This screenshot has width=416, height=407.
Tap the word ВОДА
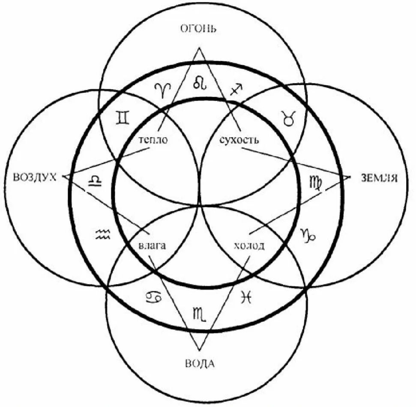[x=199, y=365]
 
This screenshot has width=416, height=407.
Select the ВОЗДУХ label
[x=35, y=177]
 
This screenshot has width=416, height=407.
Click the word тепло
[x=153, y=140]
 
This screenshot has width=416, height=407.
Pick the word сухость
[x=239, y=140]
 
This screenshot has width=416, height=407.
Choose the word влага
[x=152, y=246]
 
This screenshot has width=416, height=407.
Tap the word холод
[x=249, y=246]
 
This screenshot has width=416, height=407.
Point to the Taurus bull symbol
[x=289, y=117]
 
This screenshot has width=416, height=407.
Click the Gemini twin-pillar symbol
[x=123, y=117]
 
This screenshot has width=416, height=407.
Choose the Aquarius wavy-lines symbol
[x=102, y=233]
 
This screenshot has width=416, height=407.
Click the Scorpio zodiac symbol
[x=201, y=314]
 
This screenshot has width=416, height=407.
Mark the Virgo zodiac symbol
[x=315, y=182]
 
